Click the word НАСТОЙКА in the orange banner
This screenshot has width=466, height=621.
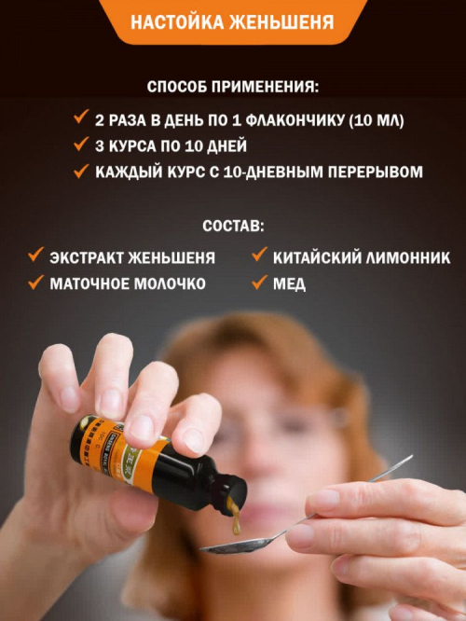point(177,22)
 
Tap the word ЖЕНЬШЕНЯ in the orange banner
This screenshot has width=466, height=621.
point(281,22)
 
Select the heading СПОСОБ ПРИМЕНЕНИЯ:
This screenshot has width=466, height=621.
point(233,87)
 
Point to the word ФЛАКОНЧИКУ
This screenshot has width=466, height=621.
point(295,120)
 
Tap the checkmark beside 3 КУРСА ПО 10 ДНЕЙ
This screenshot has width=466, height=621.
point(81,144)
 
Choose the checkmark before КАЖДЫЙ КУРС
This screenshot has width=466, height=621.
point(81,171)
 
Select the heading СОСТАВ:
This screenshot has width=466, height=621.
point(233,227)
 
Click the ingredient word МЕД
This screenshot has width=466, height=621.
point(289,284)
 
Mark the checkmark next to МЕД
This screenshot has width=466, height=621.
point(259,282)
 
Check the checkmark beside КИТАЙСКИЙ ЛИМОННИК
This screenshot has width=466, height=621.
point(259,255)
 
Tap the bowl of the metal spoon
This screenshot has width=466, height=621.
point(237,545)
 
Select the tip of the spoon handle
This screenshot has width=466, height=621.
point(412,456)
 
